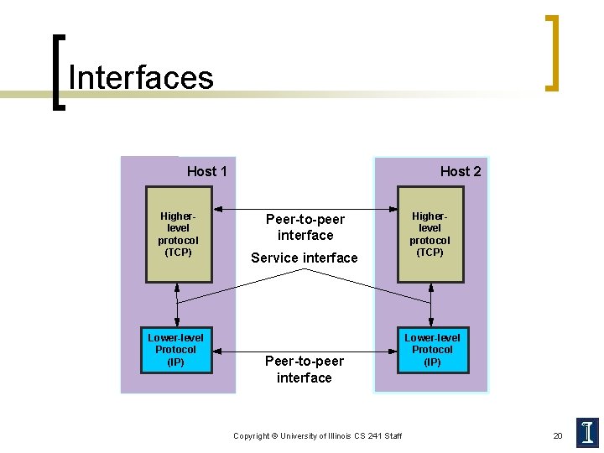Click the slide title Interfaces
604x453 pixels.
(141, 77)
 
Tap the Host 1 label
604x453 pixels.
(206, 171)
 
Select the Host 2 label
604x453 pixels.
(461, 171)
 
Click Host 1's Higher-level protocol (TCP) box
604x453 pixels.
(178, 234)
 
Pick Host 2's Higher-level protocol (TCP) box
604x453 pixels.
(430, 234)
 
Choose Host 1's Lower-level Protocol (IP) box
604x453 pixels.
(176, 350)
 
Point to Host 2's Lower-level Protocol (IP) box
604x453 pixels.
(432, 350)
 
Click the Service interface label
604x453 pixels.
(304, 258)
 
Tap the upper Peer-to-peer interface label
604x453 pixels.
(305, 227)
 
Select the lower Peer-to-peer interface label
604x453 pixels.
(305, 369)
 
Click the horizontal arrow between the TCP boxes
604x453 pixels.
(304, 209)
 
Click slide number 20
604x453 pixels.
(558, 435)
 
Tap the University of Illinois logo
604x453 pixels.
(587, 432)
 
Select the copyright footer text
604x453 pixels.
(317, 436)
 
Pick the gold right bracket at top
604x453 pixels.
(551, 52)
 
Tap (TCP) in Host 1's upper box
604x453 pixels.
(178, 252)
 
